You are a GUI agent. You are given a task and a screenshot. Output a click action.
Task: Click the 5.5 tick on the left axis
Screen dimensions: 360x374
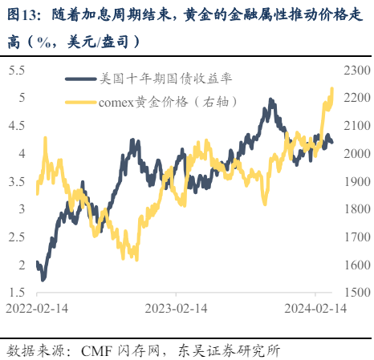[16, 71]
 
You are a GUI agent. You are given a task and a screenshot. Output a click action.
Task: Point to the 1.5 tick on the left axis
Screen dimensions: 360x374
[16, 293]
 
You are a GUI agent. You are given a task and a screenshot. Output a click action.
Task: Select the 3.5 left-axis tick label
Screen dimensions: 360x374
[16, 181]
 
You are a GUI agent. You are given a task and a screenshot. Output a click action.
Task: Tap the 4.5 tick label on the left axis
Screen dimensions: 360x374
[16, 126]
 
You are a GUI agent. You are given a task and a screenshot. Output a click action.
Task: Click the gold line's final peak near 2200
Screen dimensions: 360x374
[332, 89]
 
